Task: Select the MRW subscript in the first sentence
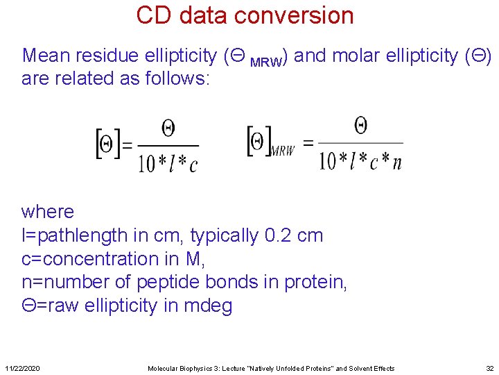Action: (x=266, y=62)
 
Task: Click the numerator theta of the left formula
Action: (x=168, y=128)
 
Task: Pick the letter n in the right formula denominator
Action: (x=396, y=161)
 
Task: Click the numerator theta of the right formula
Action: (x=360, y=125)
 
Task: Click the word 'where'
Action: (x=48, y=211)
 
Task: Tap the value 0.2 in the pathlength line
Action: (x=278, y=235)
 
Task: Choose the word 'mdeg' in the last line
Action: (x=207, y=306)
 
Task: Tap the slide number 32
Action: (x=489, y=368)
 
